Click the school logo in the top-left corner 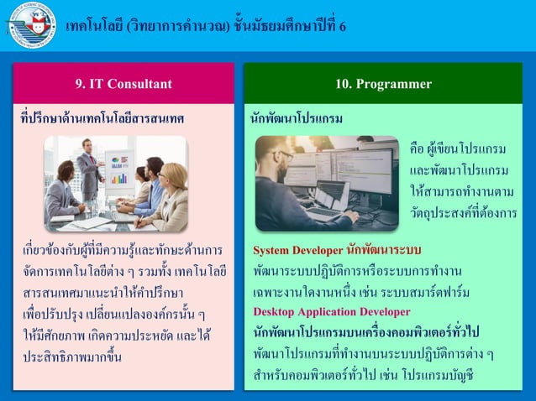[x=31, y=25]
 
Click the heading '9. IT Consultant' [x=123, y=84]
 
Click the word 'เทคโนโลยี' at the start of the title [x=94, y=25]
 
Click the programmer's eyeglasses [x=286, y=158]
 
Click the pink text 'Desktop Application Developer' [x=320, y=311]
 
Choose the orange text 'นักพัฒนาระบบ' [x=384, y=249]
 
